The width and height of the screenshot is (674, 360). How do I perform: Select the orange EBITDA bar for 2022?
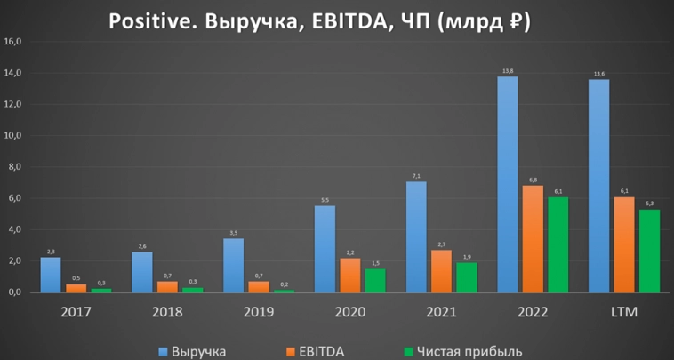pyautogui.click(x=532, y=239)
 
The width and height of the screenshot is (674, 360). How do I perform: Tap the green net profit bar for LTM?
pyautogui.click(x=650, y=251)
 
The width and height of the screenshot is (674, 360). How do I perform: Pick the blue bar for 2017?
pyautogui.click(x=51, y=275)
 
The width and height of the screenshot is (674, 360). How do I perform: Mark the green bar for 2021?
pyautogui.click(x=465, y=277)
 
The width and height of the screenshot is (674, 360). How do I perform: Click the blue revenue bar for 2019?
pyautogui.click(x=233, y=265)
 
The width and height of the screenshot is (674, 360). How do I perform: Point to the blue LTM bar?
pyautogui.click(x=598, y=186)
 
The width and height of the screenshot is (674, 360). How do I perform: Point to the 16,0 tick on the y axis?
pyautogui.click(x=13, y=42)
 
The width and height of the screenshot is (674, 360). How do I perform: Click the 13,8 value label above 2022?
pyautogui.click(x=508, y=70)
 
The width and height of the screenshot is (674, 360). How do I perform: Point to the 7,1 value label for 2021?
pyautogui.click(x=416, y=175)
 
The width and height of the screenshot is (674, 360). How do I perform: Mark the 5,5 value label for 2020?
pyautogui.click(x=325, y=200)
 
